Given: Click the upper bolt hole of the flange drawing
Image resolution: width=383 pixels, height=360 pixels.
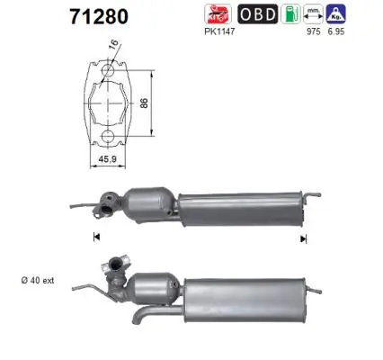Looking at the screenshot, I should pyautogui.click(x=107, y=70).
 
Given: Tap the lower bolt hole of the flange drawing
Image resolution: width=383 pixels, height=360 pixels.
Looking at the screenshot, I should pyautogui.click(x=107, y=137).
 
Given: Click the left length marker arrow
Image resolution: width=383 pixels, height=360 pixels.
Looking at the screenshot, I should pyautogui.click(x=94, y=238).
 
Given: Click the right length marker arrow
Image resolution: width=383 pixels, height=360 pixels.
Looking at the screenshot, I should pyautogui.click(x=304, y=238).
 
